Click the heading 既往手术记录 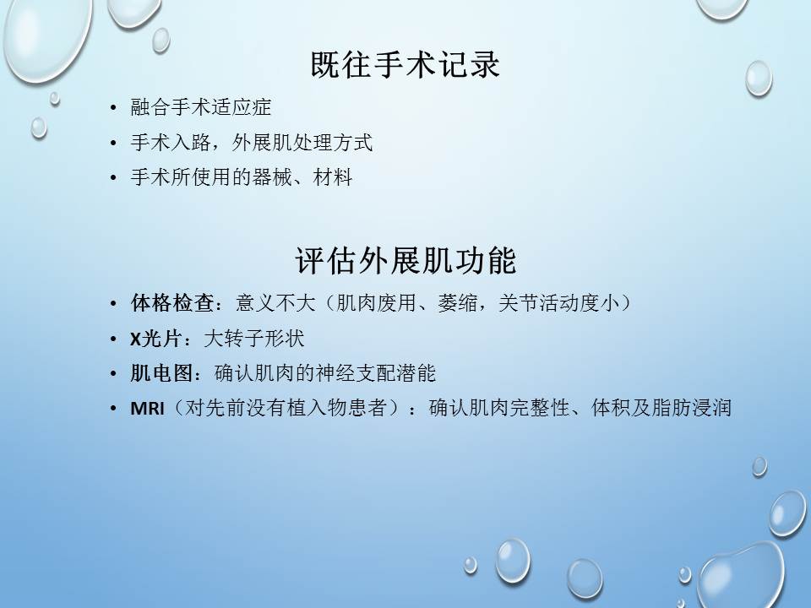pyautogui.click(x=405, y=65)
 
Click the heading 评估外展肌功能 pyautogui.click(x=405, y=260)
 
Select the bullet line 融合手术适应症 pyautogui.click(x=201, y=107)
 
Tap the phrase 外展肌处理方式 pyautogui.click(x=302, y=142)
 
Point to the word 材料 pyautogui.click(x=333, y=177)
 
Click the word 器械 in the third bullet pyautogui.click(x=272, y=177)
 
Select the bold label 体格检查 pyautogui.click(x=171, y=303)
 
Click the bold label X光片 pyautogui.click(x=155, y=339)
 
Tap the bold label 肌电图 pyautogui.click(x=161, y=373)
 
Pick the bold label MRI pyautogui.click(x=147, y=409)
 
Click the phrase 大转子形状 pyautogui.click(x=254, y=339)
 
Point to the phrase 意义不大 pyautogui.click(x=275, y=303)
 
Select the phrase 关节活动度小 pyautogui.click(x=558, y=303)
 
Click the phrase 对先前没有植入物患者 pyautogui.click(x=286, y=408)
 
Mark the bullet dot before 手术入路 pyautogui.click(x=113, y=143)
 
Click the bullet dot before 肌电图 pyautogui.click(x=113, y=374)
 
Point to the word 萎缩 pyautogui.click(x=457, y=303)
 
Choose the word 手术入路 pyautogui.click(x=171, y=142)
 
